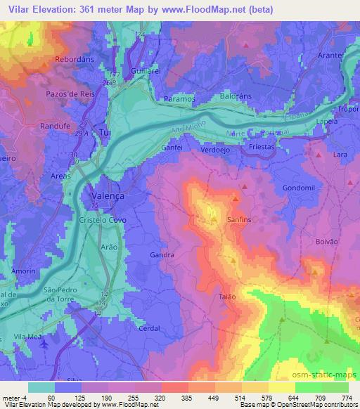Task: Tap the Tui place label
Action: [x=106, y=132]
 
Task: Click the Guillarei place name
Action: [x=146, y=72]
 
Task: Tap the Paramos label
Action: [x=178, y=100]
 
